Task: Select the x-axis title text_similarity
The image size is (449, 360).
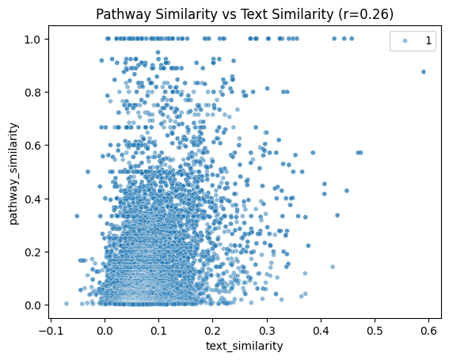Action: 245,346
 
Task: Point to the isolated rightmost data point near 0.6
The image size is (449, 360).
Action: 424,71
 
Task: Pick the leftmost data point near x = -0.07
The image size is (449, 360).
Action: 67,303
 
